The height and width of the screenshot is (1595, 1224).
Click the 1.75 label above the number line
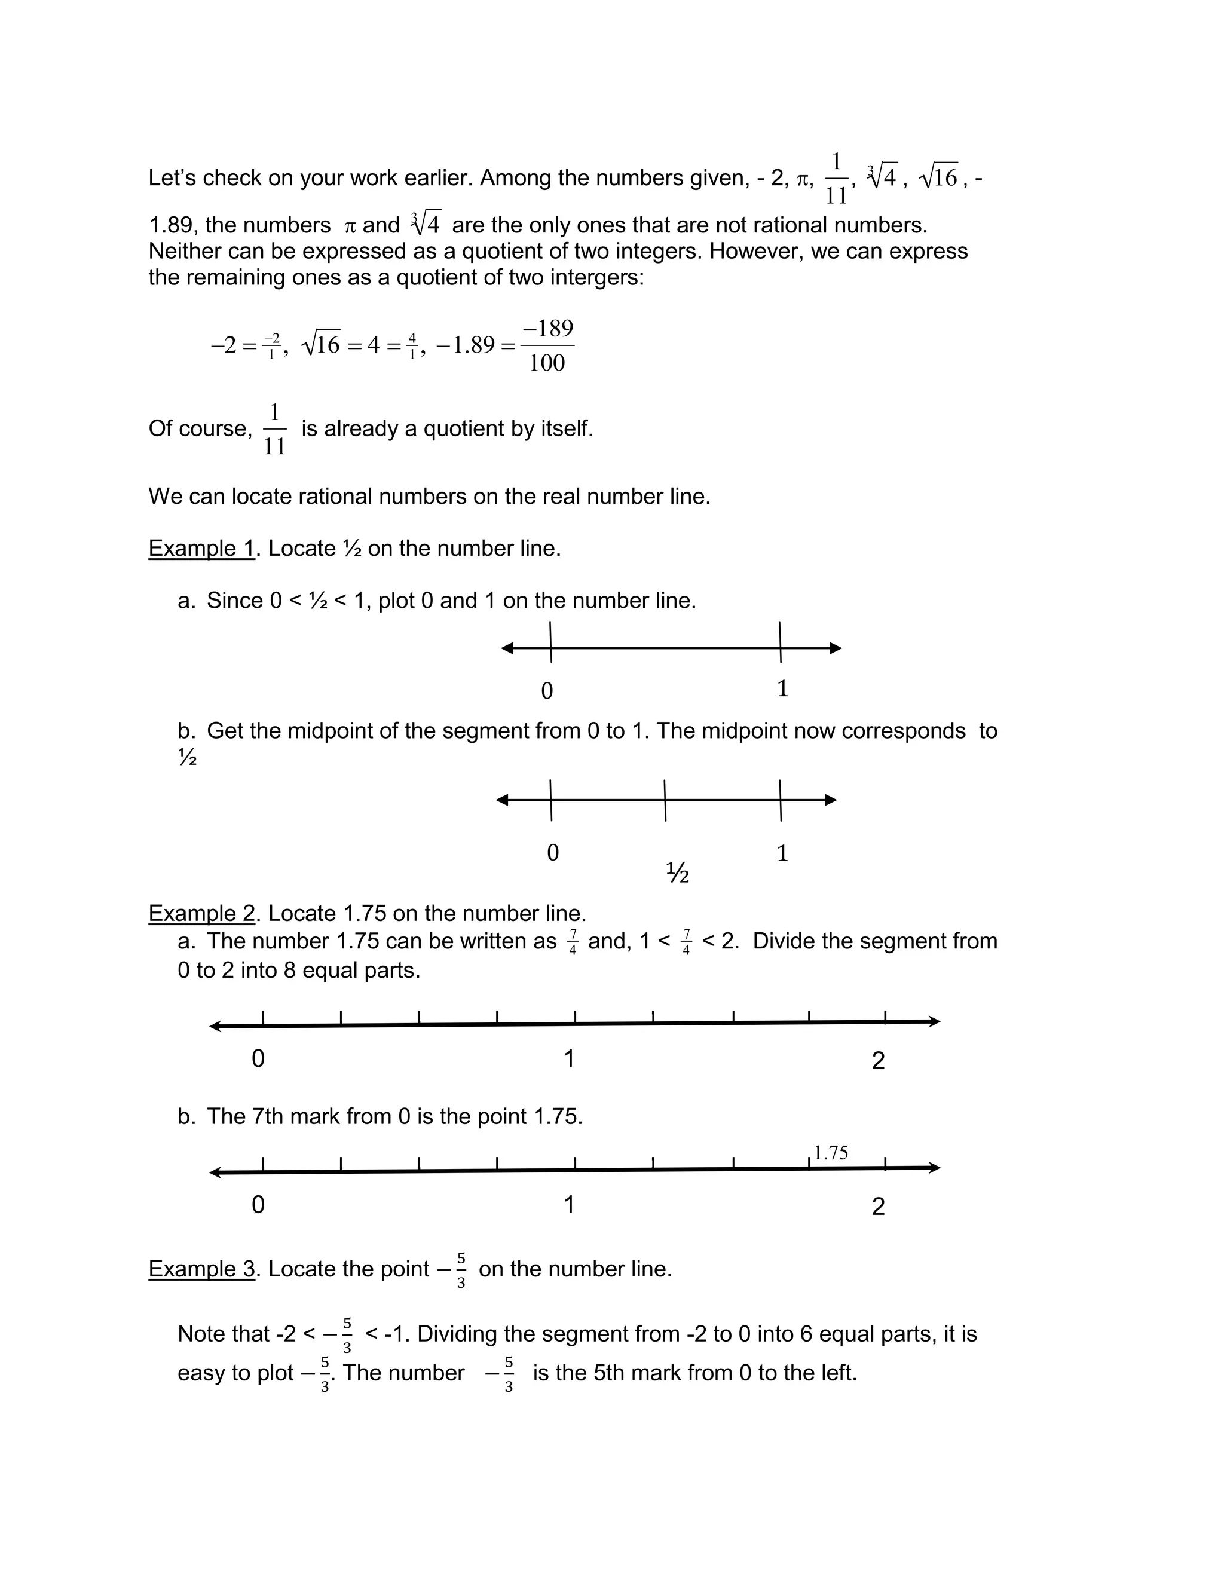pyautogui.click(x=831, y=1153)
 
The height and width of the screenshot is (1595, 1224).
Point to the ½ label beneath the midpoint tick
pyautogui.click(x=678, y=872)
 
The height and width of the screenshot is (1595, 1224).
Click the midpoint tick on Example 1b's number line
pyautogui.click(x=665, y=800)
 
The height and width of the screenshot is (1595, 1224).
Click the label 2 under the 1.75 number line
pyautogui.click(x=878, y=1207)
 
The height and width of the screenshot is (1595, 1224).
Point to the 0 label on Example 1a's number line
pyautogui.click(x=547, y=690)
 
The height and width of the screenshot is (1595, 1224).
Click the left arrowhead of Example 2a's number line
pyautogui.click(x=216, y=1026)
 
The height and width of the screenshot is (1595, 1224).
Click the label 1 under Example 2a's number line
pyautogui.click(x=569, y=1059)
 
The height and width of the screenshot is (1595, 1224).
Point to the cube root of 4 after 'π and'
pyautogui.click(x=426, y=224)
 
